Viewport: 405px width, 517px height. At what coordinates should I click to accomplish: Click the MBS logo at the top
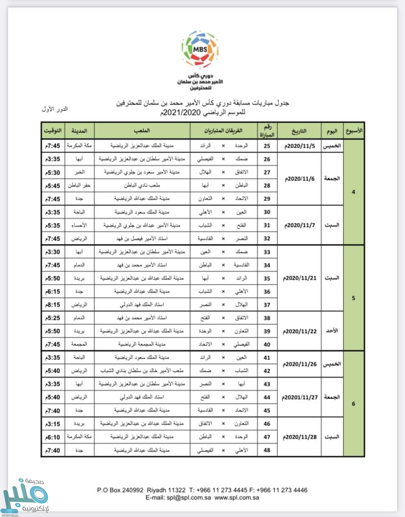click(200, 49)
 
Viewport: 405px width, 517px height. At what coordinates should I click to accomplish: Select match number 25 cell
click(267, 146)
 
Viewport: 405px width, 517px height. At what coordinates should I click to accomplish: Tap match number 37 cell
click(267, 304)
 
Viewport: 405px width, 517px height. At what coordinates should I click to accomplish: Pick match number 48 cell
click(267, 450)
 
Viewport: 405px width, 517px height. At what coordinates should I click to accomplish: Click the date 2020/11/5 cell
click(300, 146)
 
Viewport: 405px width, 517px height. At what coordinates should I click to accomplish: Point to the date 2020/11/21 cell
click(300, 278)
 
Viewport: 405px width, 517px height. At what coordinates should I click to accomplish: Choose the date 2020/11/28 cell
click(300, 436)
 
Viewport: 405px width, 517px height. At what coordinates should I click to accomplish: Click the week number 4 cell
click(354, 192)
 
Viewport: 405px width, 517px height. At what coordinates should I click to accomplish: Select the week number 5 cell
click(354, 297)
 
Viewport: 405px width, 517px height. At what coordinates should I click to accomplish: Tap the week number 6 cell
click(354, 404)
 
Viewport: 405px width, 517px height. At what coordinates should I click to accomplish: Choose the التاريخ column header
click(300, 131)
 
